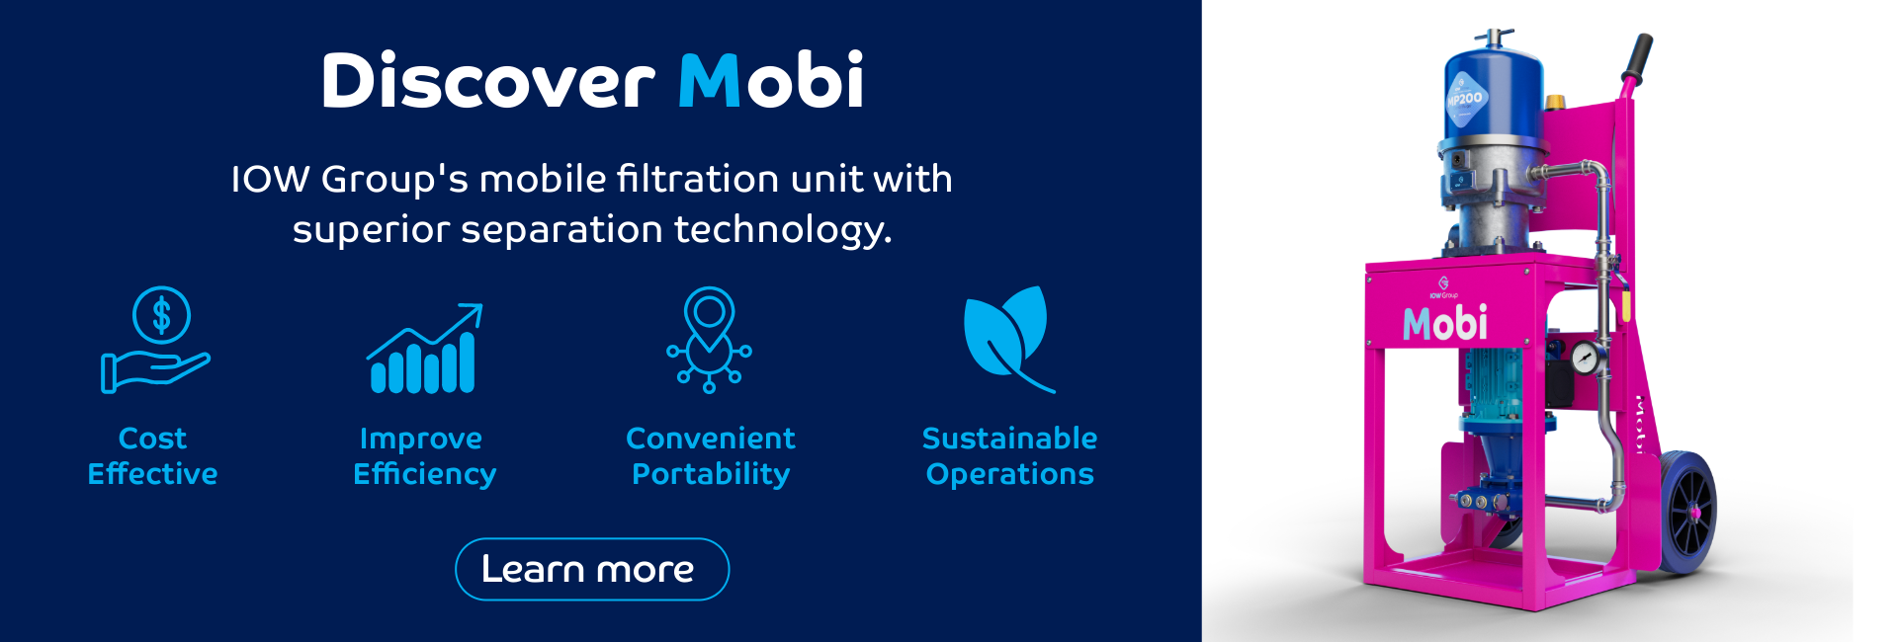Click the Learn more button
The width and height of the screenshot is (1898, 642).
(591, 569)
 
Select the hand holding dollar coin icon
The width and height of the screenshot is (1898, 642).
(156, 340)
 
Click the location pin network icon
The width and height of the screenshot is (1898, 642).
(710, 340)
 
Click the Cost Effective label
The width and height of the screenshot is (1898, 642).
(152, 455)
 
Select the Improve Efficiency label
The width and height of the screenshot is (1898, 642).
(424, 455)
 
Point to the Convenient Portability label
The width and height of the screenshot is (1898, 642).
(711, 455)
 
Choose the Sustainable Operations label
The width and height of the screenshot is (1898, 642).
(1009, 455)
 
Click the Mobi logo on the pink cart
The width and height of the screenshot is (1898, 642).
(1444, 323)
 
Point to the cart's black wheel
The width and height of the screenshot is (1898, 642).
(1687, 512)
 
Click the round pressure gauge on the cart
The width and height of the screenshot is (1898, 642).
(1585, 358)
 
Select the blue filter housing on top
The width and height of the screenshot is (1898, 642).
(1492, 94)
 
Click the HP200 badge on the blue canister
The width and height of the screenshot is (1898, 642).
(1465, 99)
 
